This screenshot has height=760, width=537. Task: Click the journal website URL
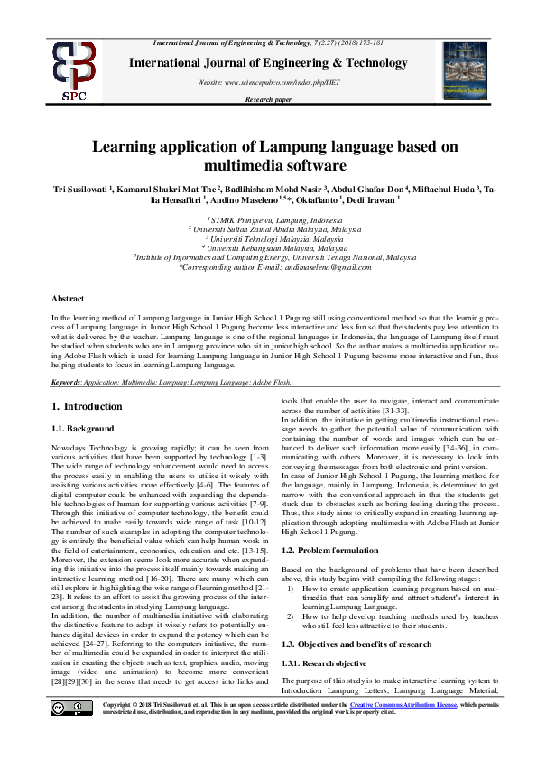pos(269,82)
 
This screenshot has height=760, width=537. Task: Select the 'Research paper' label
pos(269,99)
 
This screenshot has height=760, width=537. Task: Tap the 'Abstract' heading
pos(68,298)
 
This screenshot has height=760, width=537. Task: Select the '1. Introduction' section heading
pos(81,406)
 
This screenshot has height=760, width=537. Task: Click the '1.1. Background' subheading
pos(83,428)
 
